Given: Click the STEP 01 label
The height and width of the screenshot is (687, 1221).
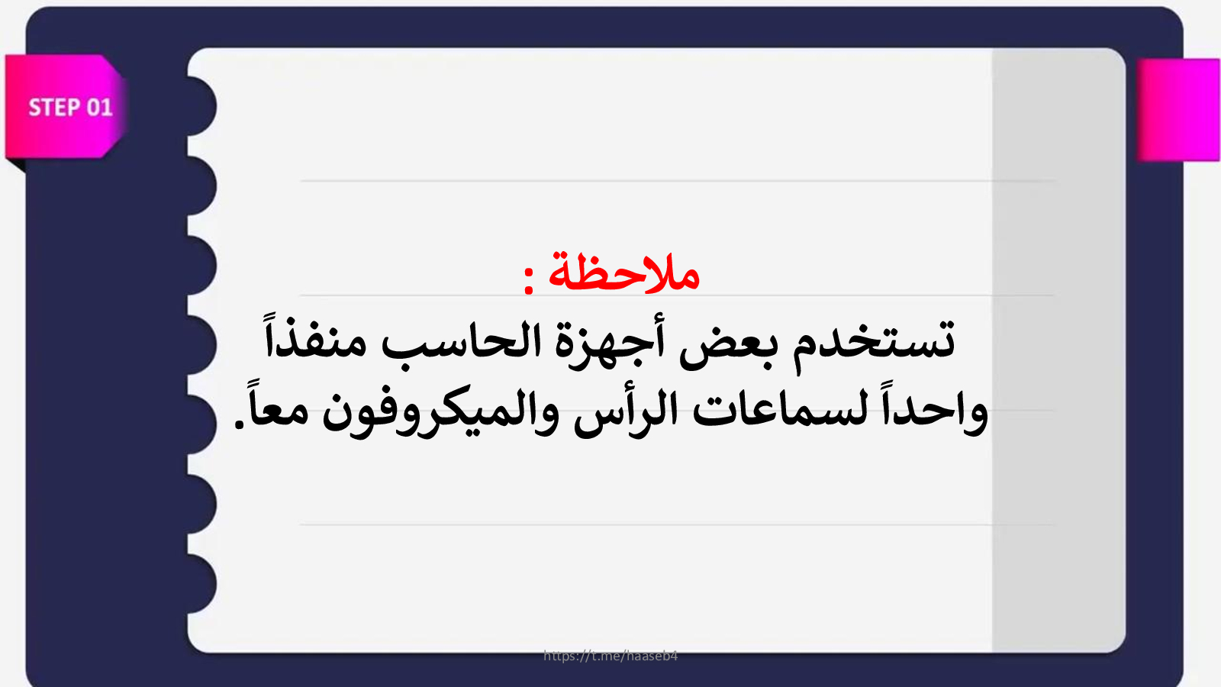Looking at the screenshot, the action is point(70,108).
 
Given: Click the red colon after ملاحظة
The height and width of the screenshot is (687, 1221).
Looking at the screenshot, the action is point(528,279).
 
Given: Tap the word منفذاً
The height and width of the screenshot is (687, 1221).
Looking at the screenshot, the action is point(314,336).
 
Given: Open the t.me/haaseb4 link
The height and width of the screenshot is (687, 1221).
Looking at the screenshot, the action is point(610,656).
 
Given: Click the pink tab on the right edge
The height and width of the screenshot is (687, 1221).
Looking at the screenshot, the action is point(1178,110).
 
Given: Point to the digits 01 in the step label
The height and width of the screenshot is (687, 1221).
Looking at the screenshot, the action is point(99,108).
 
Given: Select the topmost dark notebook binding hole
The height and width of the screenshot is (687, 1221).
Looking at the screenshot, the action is point(202,106).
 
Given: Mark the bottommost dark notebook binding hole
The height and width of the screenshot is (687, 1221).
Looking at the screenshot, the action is point(202,584).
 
